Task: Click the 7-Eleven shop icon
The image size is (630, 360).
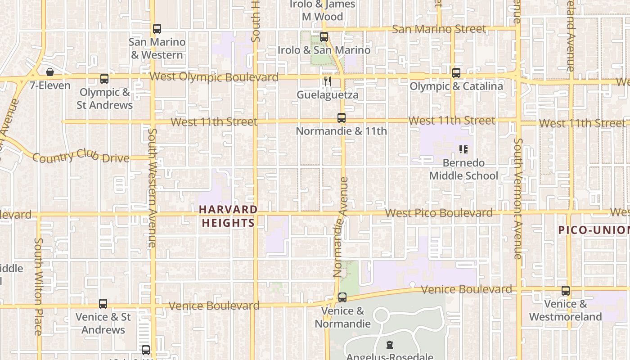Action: pos(50,72)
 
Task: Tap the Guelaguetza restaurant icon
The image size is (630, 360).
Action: pos(328,81)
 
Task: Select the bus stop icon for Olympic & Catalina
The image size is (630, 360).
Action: pos(456,72)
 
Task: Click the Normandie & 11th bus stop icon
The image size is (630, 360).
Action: pos(342,118)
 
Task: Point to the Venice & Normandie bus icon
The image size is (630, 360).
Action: pos(342,297)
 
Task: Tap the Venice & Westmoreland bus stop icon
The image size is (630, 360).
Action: pos(566,291)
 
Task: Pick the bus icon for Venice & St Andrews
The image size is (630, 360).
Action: pos(103,304)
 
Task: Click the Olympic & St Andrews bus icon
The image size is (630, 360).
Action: pos(104,79)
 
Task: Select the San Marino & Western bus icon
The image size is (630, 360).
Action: pos(157,29)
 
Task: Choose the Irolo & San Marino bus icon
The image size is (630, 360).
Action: pos(324,37)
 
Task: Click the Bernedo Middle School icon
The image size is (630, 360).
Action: pos(463,149)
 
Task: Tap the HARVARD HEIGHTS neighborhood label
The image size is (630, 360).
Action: pos(228,216)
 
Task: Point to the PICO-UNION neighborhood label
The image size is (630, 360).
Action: pos(594,230)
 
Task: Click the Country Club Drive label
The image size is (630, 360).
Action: pos(81,156)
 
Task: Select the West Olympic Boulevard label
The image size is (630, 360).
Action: pos(214,77)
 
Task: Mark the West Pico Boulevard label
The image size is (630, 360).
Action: pos(439,213)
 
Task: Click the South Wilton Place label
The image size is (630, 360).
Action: pos(38,287)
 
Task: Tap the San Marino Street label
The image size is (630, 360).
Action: pos(439,29)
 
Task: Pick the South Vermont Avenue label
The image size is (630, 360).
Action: pos(518,198)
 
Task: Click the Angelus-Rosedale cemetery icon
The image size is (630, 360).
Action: pos(390,345)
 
